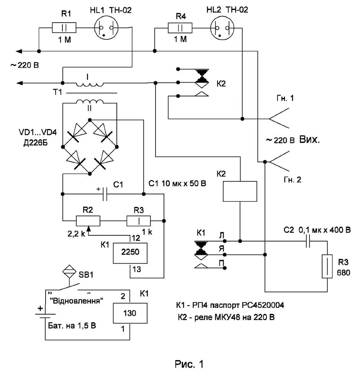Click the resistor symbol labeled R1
click(64, 28)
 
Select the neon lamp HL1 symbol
click(106, 28)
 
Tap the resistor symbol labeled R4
click(180, 28)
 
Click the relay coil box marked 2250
click(130, 253)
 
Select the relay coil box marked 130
click(130, 313)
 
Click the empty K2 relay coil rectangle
click(240, 191)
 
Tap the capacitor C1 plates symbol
click(105, 194)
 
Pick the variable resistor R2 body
click(88, 221)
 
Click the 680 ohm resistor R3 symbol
click(327, 266)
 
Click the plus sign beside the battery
click(40, 308)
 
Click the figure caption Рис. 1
click(189, 364)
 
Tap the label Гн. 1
click(285, 98)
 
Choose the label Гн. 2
click(293, 179)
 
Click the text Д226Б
click(35, 143)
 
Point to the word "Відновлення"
click(77, 301)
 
